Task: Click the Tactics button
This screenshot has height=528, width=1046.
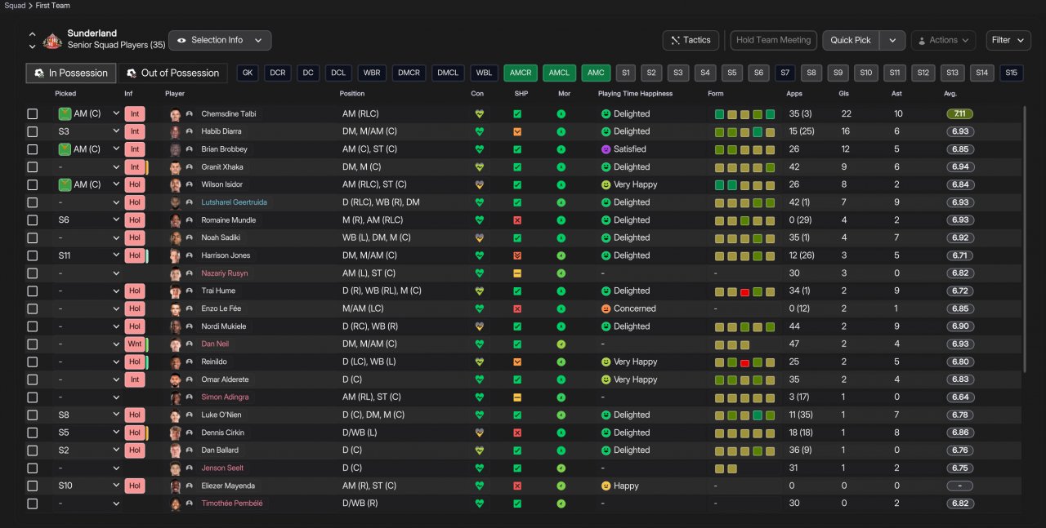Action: pos(691,40)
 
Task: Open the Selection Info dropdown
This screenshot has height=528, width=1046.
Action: pos(219,40)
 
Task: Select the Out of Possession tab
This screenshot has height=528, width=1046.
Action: pos(172,73)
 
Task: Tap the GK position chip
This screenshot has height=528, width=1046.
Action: pos(248,73)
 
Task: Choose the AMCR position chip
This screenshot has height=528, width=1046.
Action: pos(521,73)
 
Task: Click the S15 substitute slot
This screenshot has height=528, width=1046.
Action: pos(1012,73)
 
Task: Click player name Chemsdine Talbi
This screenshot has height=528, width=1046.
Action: pos(229,114)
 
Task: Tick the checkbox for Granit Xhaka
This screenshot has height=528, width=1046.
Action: pos(33,167)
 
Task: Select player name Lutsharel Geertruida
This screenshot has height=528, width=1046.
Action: pos(234,202)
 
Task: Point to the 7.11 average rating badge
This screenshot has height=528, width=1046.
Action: pos(959,114)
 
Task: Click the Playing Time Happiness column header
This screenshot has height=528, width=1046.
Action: pos(635,94)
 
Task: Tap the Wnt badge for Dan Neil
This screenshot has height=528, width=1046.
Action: pos(135,344)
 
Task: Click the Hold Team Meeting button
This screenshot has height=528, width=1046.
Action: pos(773,40)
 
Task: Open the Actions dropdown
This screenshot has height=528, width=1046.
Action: pos(943,40)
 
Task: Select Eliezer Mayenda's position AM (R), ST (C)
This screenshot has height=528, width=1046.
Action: pos(369,486)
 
